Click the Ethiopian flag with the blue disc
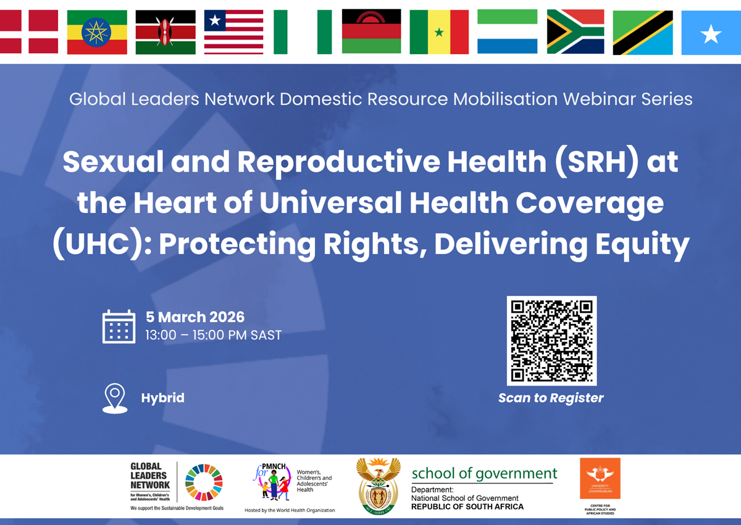click(97, 32)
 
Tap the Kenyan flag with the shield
click(165, 32)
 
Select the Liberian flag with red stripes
click(234, 32)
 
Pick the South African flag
click(576, 32)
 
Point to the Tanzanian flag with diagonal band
click(643, 32)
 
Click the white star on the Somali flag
click(711, 35)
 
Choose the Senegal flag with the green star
click(439, 32)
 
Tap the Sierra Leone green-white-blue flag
click(507, 32)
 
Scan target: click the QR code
click(551, 341)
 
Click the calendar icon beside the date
click(119, 326)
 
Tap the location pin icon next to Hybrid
click(115, 398)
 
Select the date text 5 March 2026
click(195, 317)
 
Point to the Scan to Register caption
click(551, 398)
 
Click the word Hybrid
click(163, 398)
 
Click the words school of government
click(484, 474)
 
